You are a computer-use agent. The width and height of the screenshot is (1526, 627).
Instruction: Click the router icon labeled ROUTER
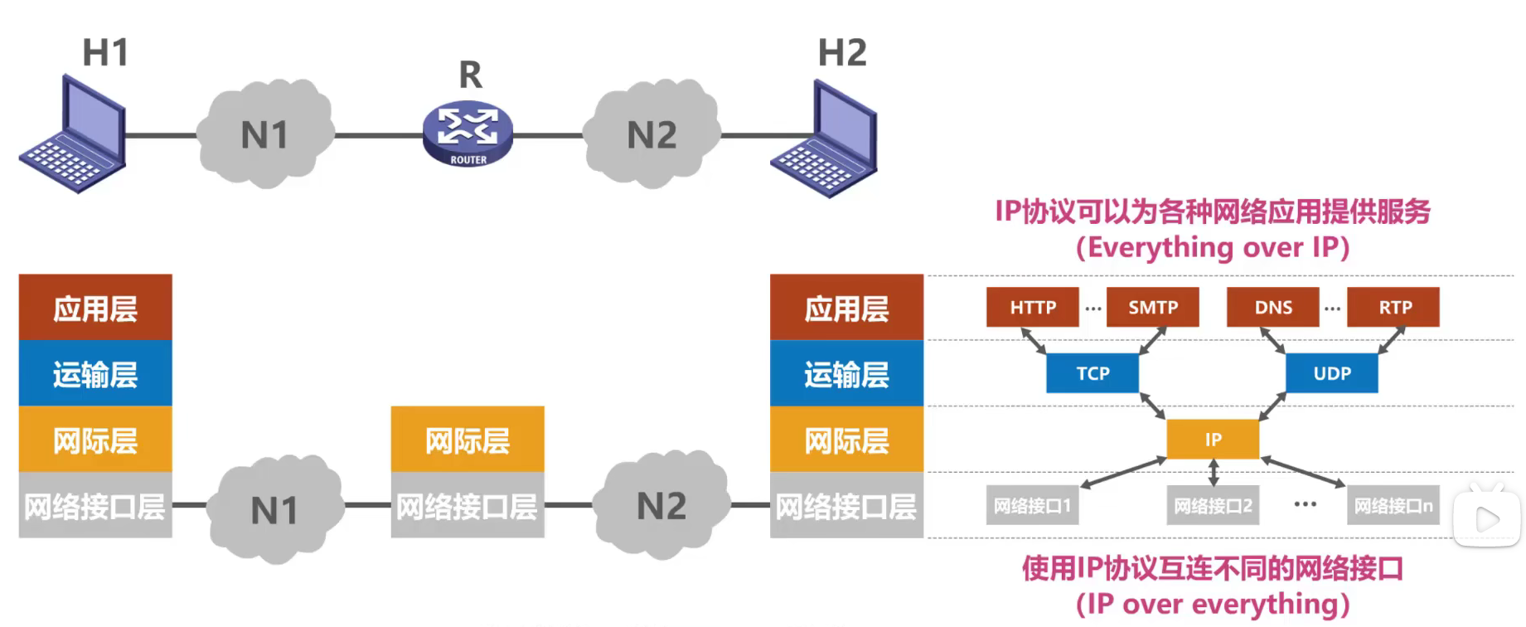tap(467, 134)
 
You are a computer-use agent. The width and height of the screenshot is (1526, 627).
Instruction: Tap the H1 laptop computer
tap(75, 137)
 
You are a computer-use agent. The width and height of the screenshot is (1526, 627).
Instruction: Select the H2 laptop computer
tap(826, 140)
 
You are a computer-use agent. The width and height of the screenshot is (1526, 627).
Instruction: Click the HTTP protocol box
tap(1032, 307)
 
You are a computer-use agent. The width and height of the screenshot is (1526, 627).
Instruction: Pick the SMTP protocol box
tap(1152, 307)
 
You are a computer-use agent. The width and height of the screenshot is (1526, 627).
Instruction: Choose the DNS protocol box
tap(1272, 307)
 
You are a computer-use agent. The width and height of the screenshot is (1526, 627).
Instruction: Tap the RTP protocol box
tap(1393, 307)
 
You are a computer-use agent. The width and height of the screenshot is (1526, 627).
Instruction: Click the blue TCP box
tap(1092, 373)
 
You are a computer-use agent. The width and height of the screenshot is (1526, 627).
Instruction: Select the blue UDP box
tap(1331, 373)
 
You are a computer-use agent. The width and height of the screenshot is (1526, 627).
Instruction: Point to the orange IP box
tap(1213, 439)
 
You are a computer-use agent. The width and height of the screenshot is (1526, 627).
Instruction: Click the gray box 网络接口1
tap(1032, 505)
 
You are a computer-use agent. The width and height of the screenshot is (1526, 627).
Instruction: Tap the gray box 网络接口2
tap(1213, 505)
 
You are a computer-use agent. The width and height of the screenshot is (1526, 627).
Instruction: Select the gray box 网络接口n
tap(1393, 505)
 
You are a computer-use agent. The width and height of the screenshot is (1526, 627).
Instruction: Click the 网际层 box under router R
tap(467, 440)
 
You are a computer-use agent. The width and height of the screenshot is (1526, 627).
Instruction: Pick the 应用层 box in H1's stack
tap(95, 308)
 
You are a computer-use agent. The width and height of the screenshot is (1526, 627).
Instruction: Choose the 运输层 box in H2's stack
tap(846, 374)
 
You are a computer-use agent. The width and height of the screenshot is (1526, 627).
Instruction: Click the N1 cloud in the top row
tap(265, 134)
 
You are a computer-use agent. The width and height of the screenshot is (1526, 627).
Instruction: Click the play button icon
tap(1488, 519)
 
